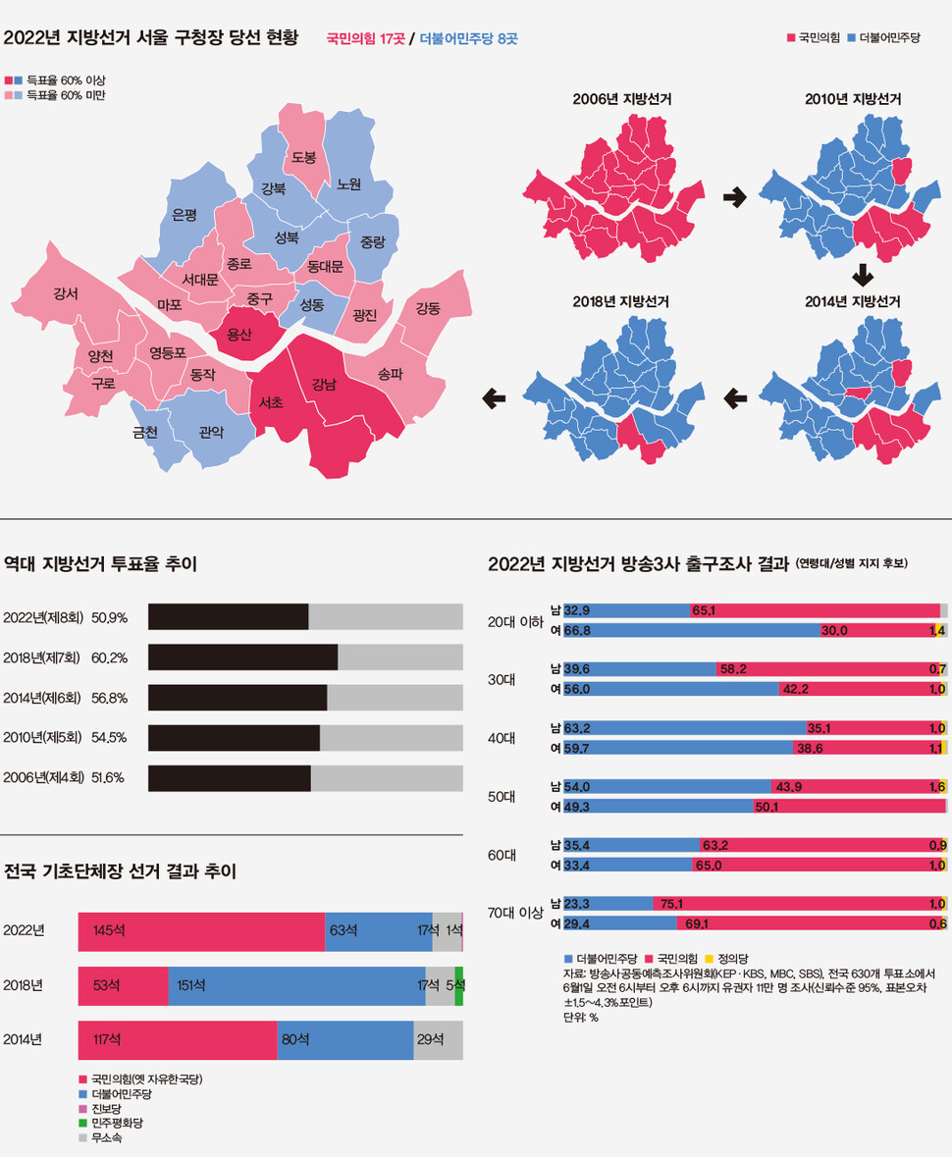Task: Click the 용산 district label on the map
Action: tap(239, 335)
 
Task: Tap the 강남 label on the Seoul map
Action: tap(324, 384)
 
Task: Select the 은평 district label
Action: tap(184, 215)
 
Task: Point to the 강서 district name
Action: tap(66, 293)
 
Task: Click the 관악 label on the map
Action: tap(211, 433)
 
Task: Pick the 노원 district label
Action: tap(348, 184)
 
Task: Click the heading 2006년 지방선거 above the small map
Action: tap(621, 99)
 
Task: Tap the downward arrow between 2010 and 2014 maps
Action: tap(862, 275)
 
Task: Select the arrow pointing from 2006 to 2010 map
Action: tap(734, 197)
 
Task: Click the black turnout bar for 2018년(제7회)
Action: tap(242, 657)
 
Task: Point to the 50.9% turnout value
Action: tap(109, 617)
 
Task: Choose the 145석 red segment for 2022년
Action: tap(201, 931)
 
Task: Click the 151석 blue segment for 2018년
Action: tap(296, 986)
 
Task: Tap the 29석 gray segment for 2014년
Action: tap(439, 1040)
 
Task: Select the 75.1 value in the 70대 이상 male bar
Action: tap(671, 904)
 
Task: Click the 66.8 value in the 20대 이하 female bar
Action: tap(577, 631)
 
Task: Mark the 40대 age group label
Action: tap(502, 738)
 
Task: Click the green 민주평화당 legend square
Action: tap(82, 1123)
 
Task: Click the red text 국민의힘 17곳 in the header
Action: tap(366, 38)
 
